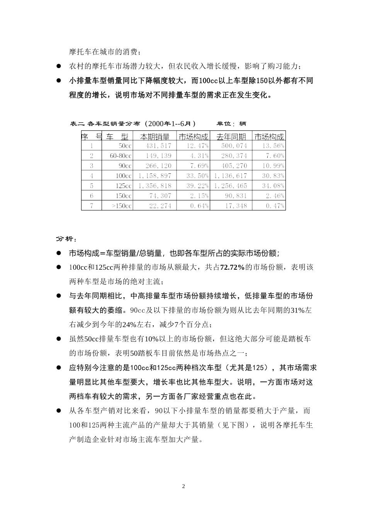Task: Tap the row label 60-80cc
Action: (121, 156)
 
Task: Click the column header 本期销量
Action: (155, 137)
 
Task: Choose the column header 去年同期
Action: (231, 137)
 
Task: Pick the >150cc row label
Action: (122, 206)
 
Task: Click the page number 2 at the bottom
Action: (183, 486)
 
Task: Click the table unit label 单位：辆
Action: (231, 124)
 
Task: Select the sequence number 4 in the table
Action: (92, 176)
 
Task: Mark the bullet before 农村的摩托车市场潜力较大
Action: (59, 66)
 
